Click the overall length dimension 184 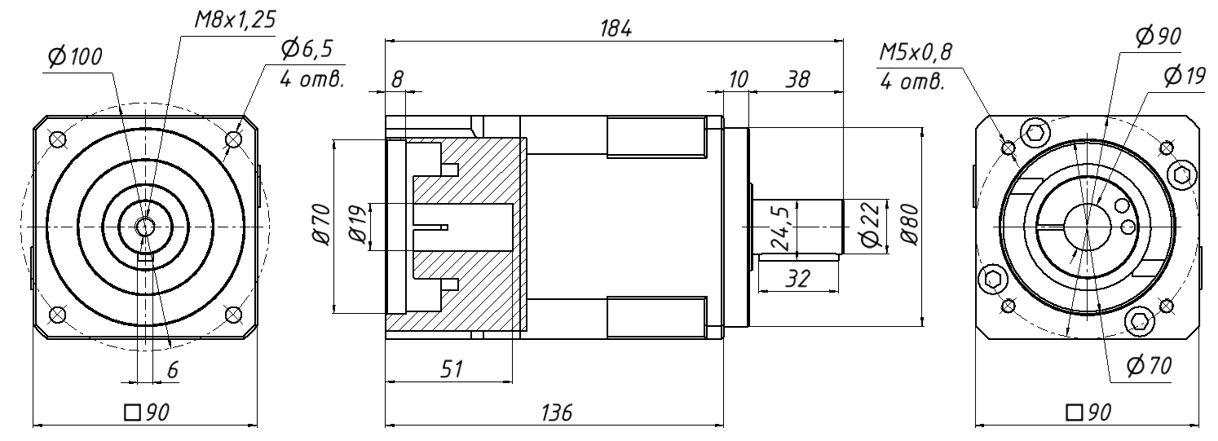[616, 28]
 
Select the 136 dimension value [554, 412]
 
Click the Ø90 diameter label [1159, 36]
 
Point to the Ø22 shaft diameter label [869, 226]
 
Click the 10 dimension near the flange [739, 80]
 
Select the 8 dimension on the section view [397, 80]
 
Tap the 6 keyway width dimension [172, 369]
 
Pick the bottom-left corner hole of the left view [57, 314]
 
